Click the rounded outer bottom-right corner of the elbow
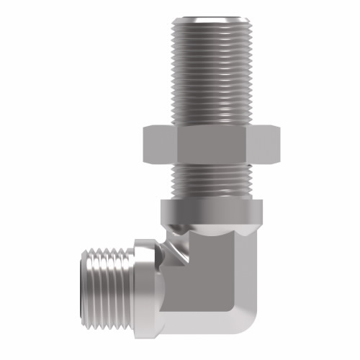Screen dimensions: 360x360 tap(248, 317)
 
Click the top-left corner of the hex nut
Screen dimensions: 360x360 tap(147, 127)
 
